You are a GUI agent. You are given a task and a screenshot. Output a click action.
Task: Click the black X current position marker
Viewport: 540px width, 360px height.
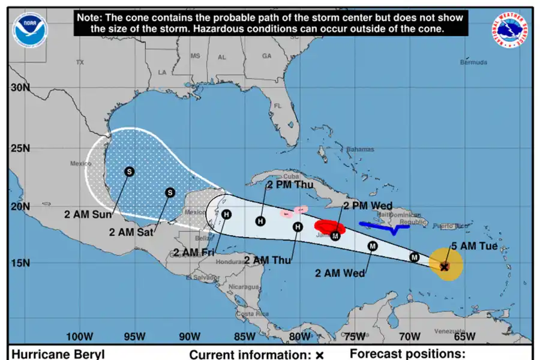pyautogui.click(x=445, y=266)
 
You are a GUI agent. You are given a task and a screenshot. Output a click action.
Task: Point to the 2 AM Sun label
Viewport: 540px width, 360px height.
pyautogui.click(x=88, y=214)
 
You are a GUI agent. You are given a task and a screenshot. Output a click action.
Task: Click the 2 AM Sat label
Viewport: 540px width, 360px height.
pyautogui.click(x=131, y=232)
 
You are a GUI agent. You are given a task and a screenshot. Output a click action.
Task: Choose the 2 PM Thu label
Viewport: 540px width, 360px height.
pyautogui.click(x=290, y=185)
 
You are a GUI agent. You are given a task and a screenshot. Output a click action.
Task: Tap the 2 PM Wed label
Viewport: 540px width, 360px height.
pyautogui.click(x=368, y=206)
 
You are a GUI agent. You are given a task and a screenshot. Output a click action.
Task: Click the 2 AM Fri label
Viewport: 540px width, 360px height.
pyautogui.click(x=193, y=252)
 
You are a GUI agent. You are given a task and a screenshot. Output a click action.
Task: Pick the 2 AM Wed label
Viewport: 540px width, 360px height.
pyautogui.click(x=340, y=273)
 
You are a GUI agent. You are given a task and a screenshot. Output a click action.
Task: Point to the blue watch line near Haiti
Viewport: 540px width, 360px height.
pyautogui.click(x=384, y=226)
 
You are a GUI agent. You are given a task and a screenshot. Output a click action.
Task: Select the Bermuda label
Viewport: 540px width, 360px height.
pyautogui.click(x=473, y=62)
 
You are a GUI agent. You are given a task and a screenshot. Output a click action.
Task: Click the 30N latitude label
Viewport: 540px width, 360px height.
pyautogui.click(x=19, y=87)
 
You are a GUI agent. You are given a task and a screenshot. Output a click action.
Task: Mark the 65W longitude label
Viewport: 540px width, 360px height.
pyautogui.click(x=464, y=336)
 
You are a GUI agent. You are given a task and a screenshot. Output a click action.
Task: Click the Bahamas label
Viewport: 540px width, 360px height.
pyautogui.click(x=360, y=149)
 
